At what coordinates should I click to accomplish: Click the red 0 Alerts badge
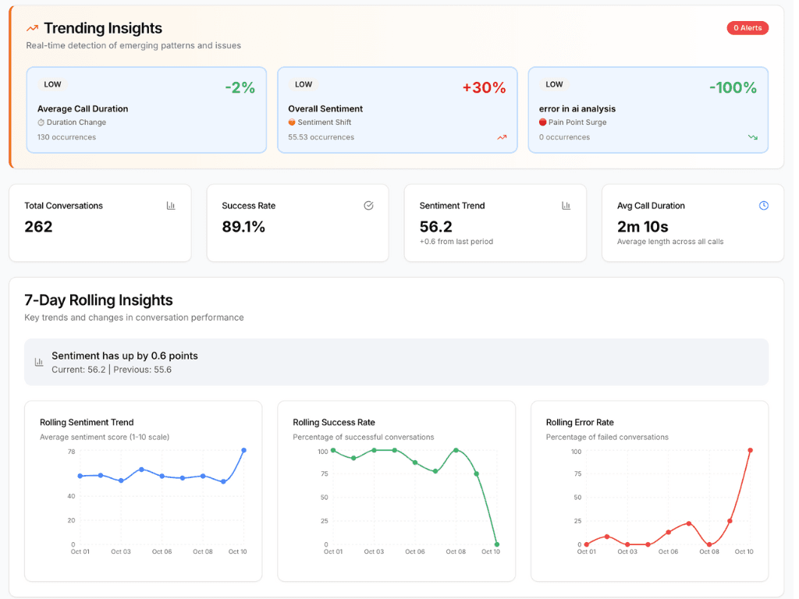point(747,28)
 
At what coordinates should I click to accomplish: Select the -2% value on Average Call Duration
point(240,87)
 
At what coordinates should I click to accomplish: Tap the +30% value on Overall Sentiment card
point(484,87)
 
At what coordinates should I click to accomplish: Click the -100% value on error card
point(733,87)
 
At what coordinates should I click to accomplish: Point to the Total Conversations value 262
point(38,227)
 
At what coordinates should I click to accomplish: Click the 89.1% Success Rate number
point(243,227)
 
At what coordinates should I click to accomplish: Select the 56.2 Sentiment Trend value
point(435,227)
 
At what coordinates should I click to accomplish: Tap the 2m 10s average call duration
point(642,227)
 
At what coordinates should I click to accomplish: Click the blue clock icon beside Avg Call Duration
point(763,206)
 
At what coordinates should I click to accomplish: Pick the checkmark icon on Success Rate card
point(368,206)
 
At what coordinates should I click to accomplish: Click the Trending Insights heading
point(102,28)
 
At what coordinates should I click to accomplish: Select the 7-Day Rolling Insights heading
point(98,300)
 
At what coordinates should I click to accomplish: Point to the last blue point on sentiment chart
point(244,451)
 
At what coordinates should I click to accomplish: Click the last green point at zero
point(497,544)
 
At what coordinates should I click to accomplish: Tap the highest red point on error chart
point(750,451)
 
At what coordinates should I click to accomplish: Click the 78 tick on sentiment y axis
point(71,452)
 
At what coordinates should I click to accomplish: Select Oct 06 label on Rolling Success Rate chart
point(414,552)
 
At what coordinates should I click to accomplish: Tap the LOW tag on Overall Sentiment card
point(304,84)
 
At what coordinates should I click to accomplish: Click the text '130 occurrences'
point(66,137)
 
